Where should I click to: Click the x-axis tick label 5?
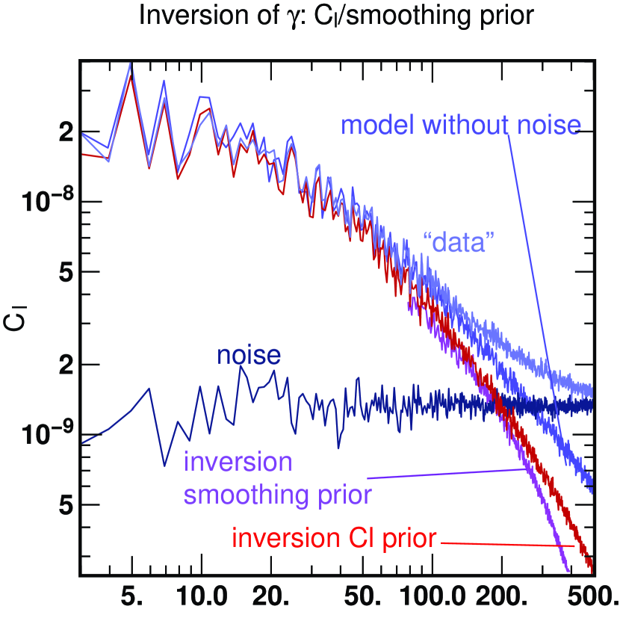131,598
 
